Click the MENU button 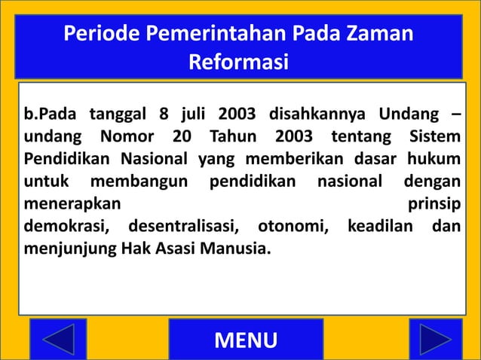[x=246, y=340]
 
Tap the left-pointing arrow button [x=59, y=340]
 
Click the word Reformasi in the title [x=238, y=62]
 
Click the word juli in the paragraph [x=195, y=115]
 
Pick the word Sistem [x=433, y=138]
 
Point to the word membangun [x=141, y=182]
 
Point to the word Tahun [x=232, y=138]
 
